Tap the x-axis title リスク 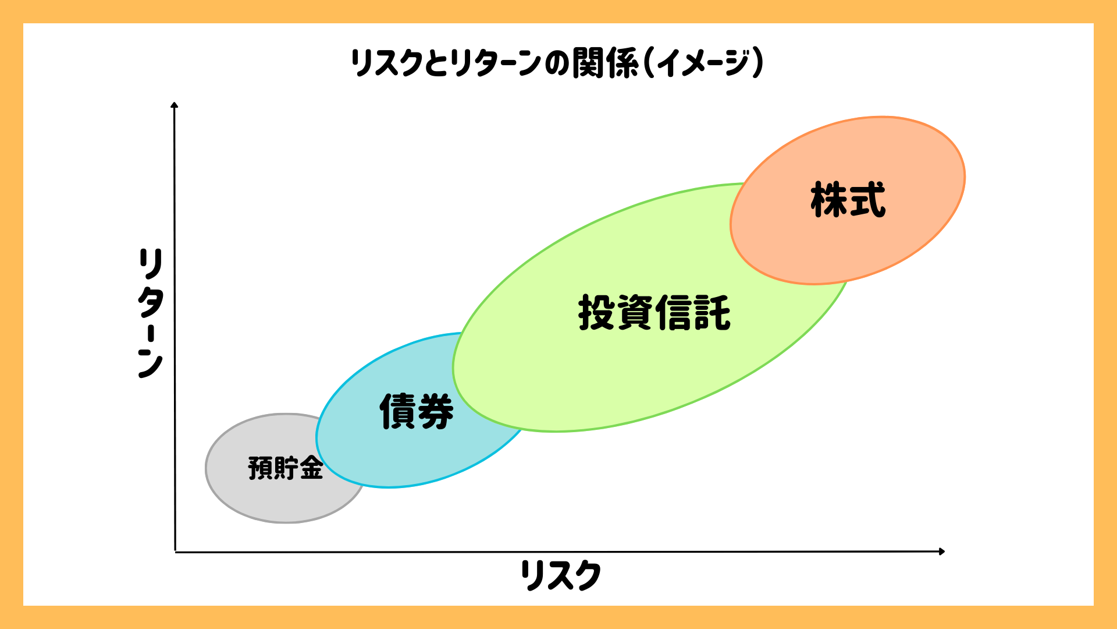click(x=560, y=575)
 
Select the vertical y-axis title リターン click(x=151, y=313)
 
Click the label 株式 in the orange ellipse click(x=848, y=200)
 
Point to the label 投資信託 click(x=654, y=313)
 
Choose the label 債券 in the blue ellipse click(x=417, y=411)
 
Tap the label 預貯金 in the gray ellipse click(x=286, y=468)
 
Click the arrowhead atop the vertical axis click(x=175, y=105)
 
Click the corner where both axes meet click(x=175, y=551)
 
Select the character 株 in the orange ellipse click(x=829, y=200)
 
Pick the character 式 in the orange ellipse click(x=867, y=200)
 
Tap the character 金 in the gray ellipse click(x=311, y=468)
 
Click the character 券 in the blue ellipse click(x=436, y=411)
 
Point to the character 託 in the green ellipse click(x=712, y=313)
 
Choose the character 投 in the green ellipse click(x=596, y=313)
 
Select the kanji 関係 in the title click(x=605, y=63)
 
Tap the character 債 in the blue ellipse click(x=398, y=411)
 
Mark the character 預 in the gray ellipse click(x=261, y=468)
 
